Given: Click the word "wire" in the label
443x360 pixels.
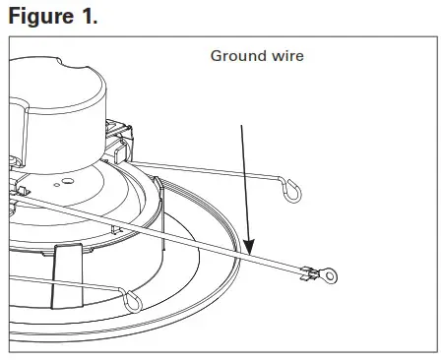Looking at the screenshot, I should (285, 56).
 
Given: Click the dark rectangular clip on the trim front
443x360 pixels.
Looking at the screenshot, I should (66, 270).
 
